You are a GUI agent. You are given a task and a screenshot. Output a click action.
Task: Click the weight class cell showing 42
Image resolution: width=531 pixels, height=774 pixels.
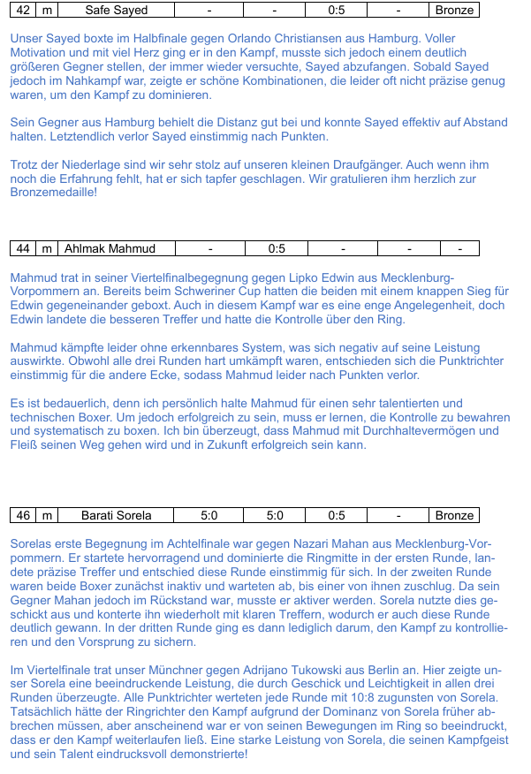coord(23,11)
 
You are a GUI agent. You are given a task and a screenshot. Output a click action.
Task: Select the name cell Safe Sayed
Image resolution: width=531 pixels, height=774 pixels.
coord(117,11)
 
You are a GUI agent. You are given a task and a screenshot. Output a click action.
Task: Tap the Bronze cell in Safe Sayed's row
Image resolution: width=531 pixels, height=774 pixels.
coord(455,11)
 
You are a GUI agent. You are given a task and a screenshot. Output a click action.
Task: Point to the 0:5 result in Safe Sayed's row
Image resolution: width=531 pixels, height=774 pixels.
coord(337,11)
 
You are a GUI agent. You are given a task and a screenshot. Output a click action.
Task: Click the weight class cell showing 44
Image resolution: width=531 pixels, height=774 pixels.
coord(23,248)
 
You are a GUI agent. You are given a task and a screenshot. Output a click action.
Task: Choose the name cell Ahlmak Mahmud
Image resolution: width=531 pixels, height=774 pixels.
coord(110,248)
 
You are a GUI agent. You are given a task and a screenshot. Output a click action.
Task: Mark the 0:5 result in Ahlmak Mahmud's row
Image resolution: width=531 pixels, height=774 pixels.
coord(276,248)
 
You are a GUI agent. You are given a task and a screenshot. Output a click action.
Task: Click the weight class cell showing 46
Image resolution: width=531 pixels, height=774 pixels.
coord(23,515)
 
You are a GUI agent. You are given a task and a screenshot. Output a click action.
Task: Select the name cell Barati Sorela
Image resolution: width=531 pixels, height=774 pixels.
coord(117,515)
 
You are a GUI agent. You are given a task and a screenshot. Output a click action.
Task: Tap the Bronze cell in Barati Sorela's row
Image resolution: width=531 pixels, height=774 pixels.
coord(455,515)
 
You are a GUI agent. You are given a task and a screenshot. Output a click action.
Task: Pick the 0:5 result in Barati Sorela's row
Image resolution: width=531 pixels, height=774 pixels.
coord(337,515)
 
